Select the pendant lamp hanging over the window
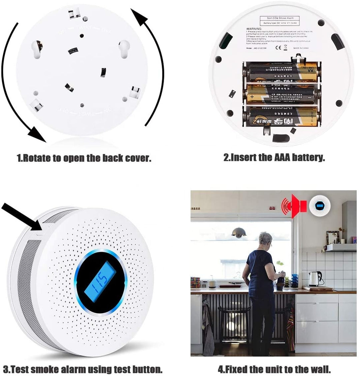[x=239, y=232]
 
